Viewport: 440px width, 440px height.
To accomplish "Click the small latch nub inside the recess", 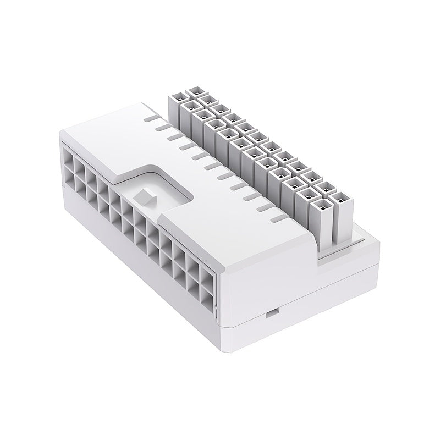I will [145, 196].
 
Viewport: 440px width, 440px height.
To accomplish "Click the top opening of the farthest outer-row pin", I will [195, 89].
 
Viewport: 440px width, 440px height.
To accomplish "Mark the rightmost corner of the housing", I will [380, 242].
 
